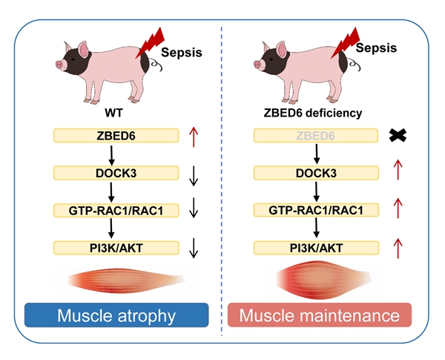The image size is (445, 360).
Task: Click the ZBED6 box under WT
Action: point(116,135)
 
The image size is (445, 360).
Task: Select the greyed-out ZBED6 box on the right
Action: point(316,136)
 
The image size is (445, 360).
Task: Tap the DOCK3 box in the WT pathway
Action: point(116,173)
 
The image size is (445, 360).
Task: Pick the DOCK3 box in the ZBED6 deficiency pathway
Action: point(316,173)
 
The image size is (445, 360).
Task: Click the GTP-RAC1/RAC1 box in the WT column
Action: point(116,211)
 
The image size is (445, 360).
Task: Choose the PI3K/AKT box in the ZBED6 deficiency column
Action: point(316,247)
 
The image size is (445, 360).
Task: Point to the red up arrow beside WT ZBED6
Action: point(194,135)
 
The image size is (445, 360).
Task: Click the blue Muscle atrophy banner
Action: point(116,316)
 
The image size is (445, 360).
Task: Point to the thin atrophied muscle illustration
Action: point(116,281)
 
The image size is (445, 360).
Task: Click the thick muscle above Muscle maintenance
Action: point(316,281)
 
